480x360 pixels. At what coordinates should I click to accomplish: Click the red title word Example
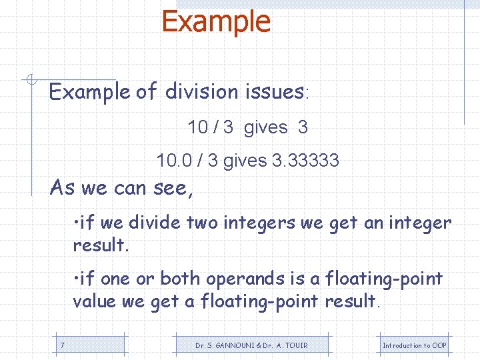point(216,21)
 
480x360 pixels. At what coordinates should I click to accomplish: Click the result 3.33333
point(306,161)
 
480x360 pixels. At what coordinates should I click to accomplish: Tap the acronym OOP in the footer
point(439,345)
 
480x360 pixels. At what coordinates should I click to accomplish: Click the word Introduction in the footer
point(402,345)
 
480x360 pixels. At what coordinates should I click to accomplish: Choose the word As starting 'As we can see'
point(63,188)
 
